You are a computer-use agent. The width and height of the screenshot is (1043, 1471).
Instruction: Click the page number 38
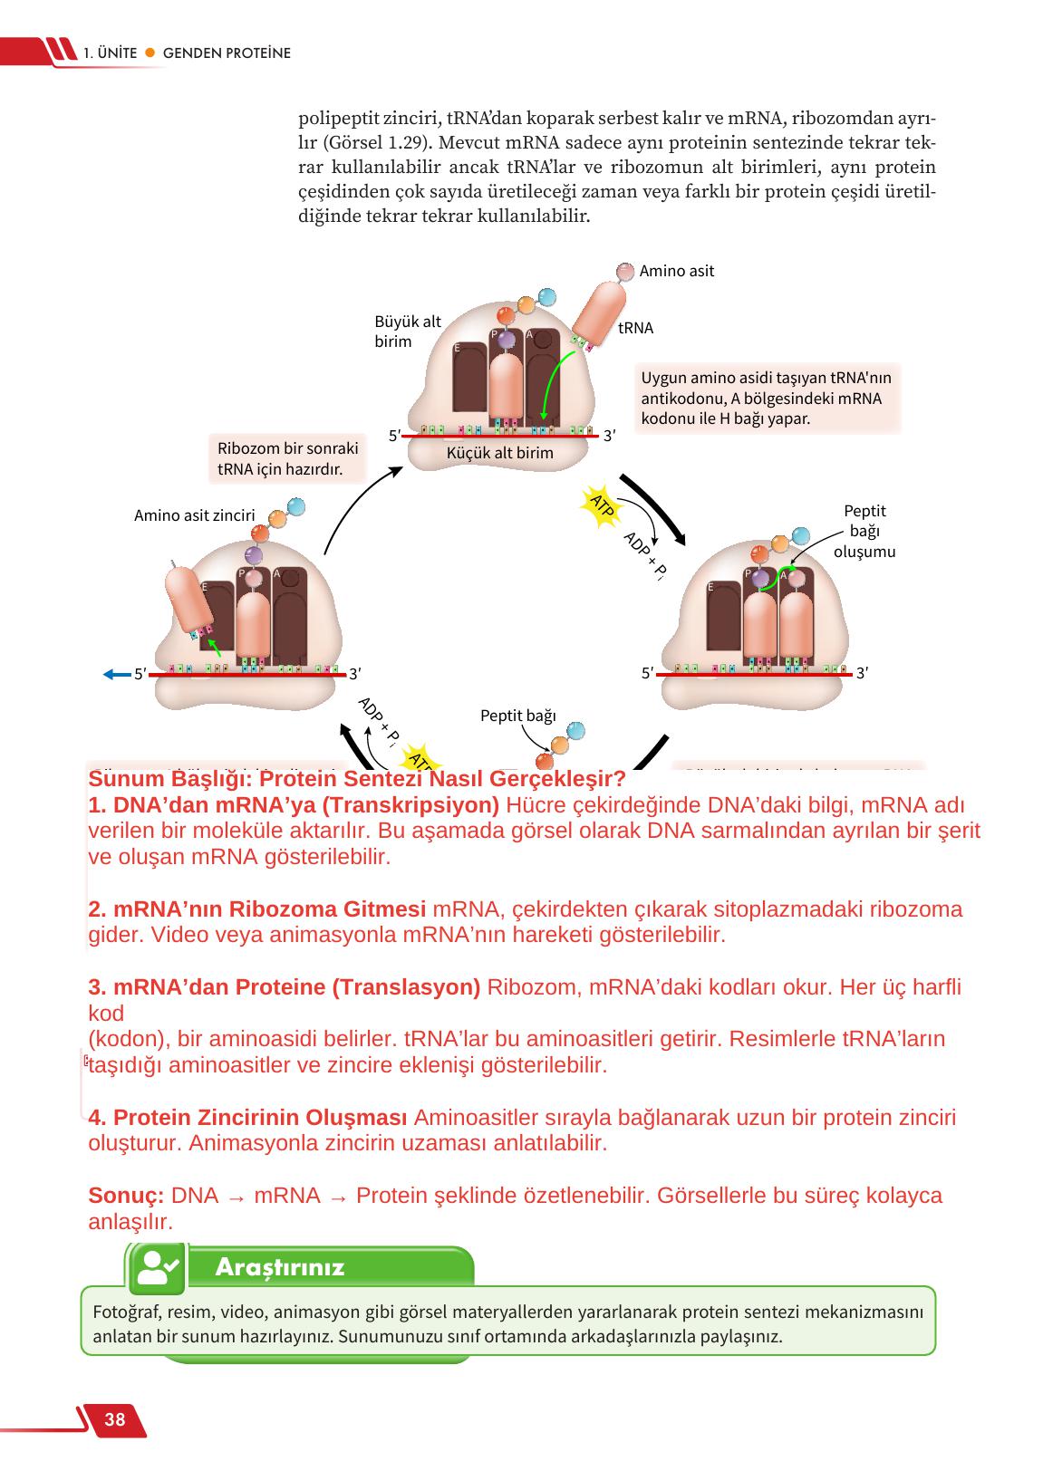115,1419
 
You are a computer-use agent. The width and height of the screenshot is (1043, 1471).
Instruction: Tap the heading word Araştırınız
280,1267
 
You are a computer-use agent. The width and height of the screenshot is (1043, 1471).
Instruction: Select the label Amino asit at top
677,271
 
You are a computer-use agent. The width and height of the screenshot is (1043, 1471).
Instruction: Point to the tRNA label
635,328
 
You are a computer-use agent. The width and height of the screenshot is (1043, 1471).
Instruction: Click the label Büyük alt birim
407,332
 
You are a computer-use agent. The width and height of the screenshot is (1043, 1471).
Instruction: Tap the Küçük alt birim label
500,453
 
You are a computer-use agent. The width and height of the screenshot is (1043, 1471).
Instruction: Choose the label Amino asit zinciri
194,515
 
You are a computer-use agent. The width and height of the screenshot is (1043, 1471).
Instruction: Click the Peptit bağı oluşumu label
864,531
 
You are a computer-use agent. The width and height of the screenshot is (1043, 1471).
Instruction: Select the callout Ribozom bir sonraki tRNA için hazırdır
287,459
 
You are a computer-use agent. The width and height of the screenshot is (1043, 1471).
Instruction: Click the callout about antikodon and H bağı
767,398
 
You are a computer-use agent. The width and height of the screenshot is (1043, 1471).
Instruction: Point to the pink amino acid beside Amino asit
625,271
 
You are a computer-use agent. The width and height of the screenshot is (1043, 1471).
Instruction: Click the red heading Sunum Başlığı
357,779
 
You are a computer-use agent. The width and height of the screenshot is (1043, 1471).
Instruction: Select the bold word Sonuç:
126,1196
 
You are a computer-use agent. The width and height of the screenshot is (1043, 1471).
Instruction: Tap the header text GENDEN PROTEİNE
227,53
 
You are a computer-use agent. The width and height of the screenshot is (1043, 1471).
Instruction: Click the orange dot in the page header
150,53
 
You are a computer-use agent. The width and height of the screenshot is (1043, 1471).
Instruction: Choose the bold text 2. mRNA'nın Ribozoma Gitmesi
256,909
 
